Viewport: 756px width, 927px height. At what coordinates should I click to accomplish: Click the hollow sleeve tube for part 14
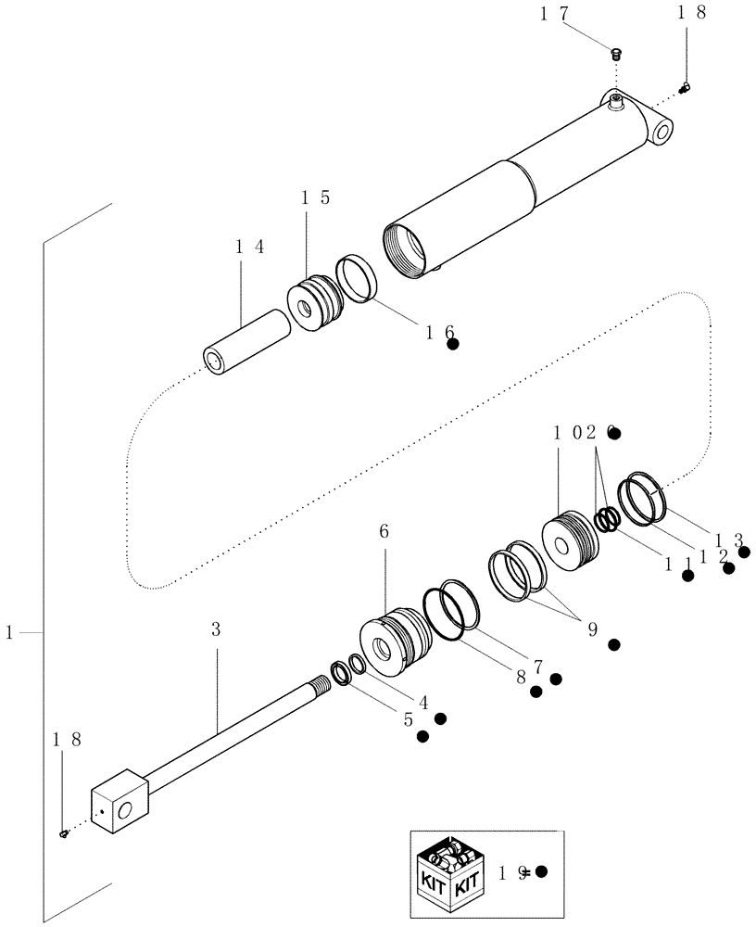(248, 342)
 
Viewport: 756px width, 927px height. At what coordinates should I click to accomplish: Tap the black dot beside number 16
(453, 344)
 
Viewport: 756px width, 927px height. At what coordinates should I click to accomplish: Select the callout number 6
(384, 531)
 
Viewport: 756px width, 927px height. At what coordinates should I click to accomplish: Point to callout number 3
(216, 629)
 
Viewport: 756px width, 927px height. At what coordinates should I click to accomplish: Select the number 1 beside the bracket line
(8, 632)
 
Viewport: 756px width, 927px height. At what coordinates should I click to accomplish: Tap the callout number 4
(422, 702)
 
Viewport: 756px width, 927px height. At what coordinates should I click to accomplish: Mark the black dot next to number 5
(422, 737)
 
